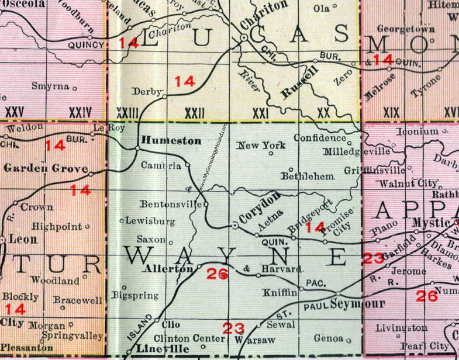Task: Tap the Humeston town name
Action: tap(171, 140)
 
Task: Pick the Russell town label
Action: tap(300, 82)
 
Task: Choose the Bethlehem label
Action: tap(308, 175)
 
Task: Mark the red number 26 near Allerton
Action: tap(217, 273)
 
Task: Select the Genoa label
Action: tap(331, 338)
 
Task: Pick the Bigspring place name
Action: tap(136, 296)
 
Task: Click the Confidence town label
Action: tap(320, 138)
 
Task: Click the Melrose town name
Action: tap(381, 77)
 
